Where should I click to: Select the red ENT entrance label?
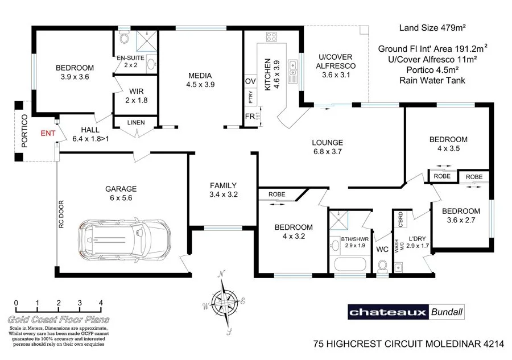[x=48, y=133]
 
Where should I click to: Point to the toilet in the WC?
[x=382, y=266]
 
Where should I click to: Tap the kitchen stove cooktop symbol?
[x=271, y=38]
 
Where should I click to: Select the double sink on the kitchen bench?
[x=293, y=72]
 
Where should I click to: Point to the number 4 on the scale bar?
[x=101, y=303]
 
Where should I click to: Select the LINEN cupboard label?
[x=135, y=122]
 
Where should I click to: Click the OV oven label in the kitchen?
[x=249, y=81]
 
